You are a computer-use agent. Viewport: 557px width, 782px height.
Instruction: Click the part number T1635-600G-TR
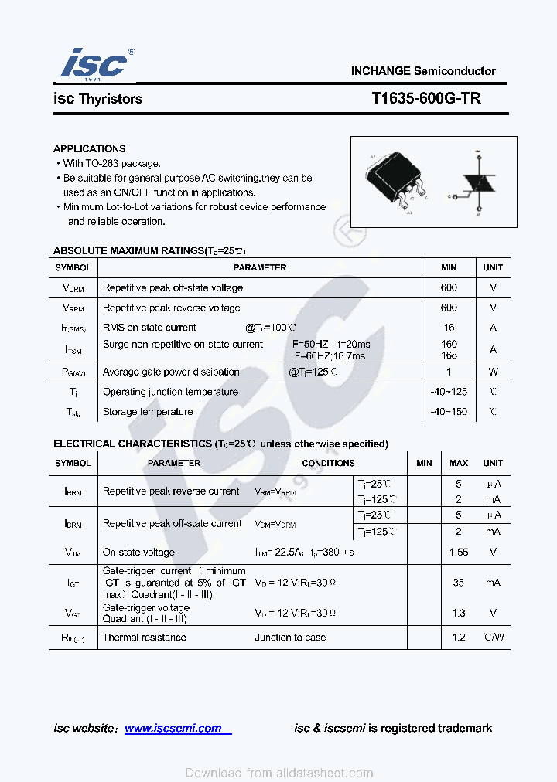425,99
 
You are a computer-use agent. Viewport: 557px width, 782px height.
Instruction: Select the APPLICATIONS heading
89,148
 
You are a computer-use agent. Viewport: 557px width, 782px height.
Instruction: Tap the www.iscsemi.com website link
173,728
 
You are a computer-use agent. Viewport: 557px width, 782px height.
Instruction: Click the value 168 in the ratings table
449,355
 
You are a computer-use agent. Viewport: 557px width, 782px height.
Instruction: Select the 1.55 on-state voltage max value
459,552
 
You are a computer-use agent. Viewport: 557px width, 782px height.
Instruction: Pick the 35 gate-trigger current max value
459,583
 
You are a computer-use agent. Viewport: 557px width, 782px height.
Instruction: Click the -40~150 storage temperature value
449,412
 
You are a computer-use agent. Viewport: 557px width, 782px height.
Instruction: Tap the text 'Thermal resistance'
144,637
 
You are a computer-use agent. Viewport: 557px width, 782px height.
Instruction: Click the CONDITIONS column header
328,463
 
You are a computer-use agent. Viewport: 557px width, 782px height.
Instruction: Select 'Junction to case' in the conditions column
290,637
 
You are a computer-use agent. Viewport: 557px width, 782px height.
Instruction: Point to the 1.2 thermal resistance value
459,637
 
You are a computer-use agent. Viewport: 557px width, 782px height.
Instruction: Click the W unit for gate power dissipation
493,372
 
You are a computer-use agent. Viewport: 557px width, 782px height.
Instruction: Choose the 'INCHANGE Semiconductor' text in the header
423,71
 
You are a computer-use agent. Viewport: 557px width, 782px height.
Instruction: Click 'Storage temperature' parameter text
148,412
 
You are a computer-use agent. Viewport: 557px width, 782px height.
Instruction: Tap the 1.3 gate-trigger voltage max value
459,613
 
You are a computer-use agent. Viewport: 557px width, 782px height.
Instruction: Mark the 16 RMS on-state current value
449,328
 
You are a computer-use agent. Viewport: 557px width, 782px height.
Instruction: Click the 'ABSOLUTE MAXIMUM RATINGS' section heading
128,250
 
